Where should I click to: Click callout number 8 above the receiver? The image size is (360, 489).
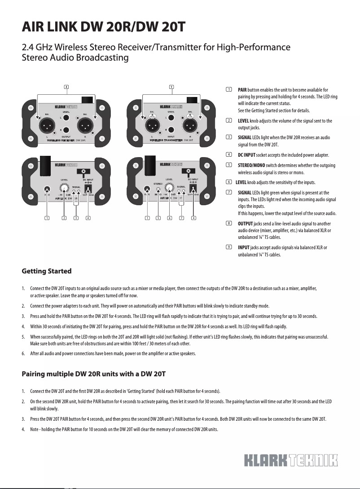click(x=66, y=86)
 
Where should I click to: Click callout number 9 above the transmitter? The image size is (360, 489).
click(x=171, y=86)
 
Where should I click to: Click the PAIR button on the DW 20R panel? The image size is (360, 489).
click(x=47, y=189)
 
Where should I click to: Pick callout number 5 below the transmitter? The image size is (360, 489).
click(x=158, y=218)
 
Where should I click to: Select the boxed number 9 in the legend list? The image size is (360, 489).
click(x=229, y=247)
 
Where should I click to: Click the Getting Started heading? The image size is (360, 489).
click(x=46, y=271)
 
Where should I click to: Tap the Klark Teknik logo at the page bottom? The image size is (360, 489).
click(x=290, y=461)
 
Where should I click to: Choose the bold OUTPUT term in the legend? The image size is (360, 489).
click(x=245, y=223)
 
